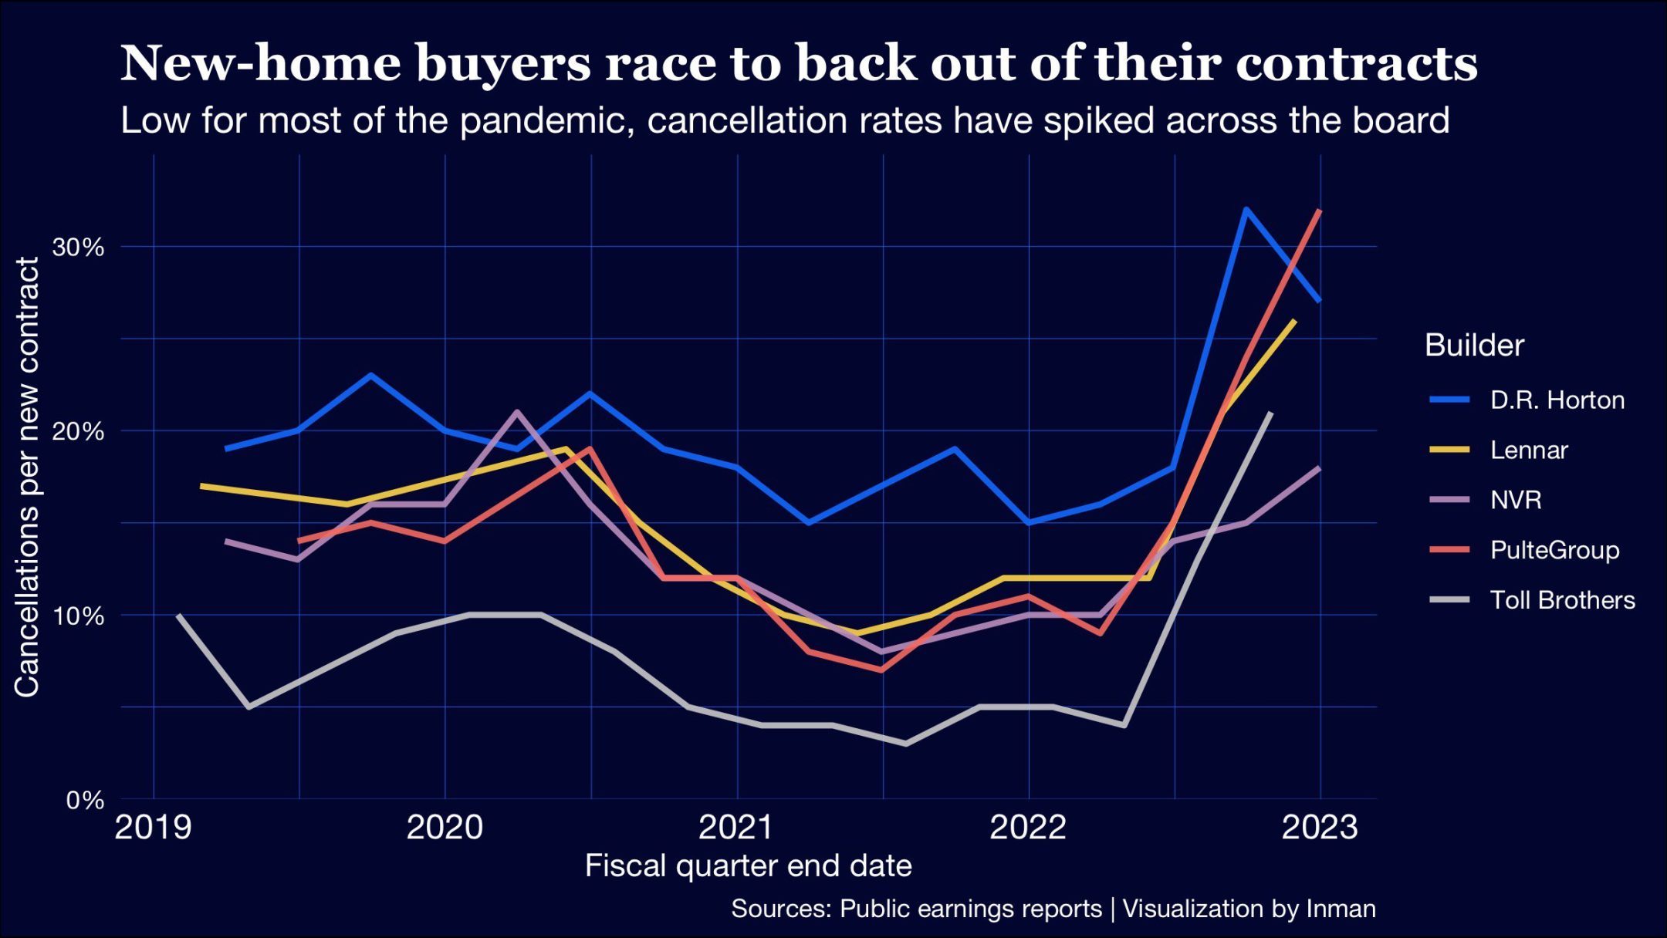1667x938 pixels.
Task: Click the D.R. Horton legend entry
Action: point(1557,400)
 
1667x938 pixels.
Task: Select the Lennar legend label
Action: point(1528,450)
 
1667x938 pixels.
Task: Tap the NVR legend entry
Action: point(1515,500)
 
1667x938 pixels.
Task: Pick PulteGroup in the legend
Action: point(1554,550)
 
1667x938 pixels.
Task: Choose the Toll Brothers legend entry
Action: point(1562,600)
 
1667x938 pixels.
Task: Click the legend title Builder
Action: point(1474,345)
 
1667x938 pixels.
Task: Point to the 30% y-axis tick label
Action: point(77,247)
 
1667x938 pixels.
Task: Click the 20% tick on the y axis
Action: point(77,431)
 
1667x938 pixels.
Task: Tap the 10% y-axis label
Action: point(77,616)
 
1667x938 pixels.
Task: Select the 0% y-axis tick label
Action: point(84,800)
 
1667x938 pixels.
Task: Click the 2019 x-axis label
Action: point(153,828)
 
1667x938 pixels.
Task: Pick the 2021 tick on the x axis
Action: point(736,828)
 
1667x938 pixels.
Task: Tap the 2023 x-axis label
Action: point(1320,828)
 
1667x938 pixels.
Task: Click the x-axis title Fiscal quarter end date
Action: point(748,865)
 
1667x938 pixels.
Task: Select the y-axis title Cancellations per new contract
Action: point(28,477)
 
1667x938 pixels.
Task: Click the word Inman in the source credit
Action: point(1341,909)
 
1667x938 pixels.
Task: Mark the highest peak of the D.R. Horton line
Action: point(1246,209)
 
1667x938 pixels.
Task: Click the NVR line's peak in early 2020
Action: point(516,412)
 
